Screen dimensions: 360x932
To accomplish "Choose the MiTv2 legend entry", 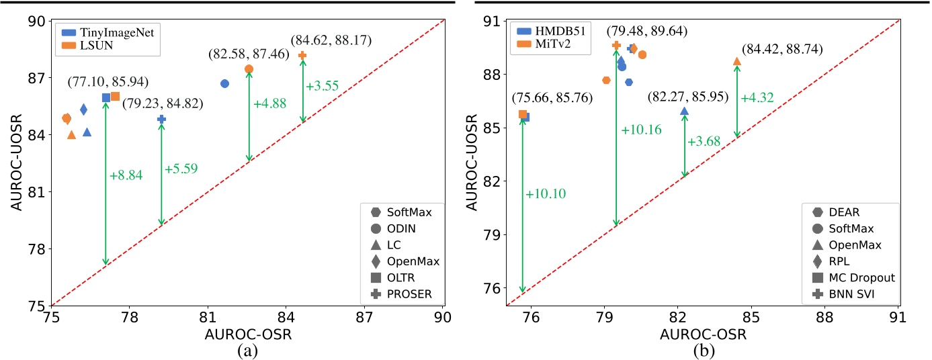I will click(548, 44).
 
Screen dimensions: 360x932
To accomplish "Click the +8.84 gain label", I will click(126, 175).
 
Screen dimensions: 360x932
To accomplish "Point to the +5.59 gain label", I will click(181, 170).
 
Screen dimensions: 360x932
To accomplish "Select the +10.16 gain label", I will click(641, 130).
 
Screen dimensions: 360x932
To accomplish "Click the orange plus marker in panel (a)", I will click(302, 55).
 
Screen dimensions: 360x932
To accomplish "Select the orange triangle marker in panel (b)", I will click(737, 62).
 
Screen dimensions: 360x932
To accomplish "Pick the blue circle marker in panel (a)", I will click(224, 83).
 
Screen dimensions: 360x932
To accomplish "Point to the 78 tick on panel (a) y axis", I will click(32, 249).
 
